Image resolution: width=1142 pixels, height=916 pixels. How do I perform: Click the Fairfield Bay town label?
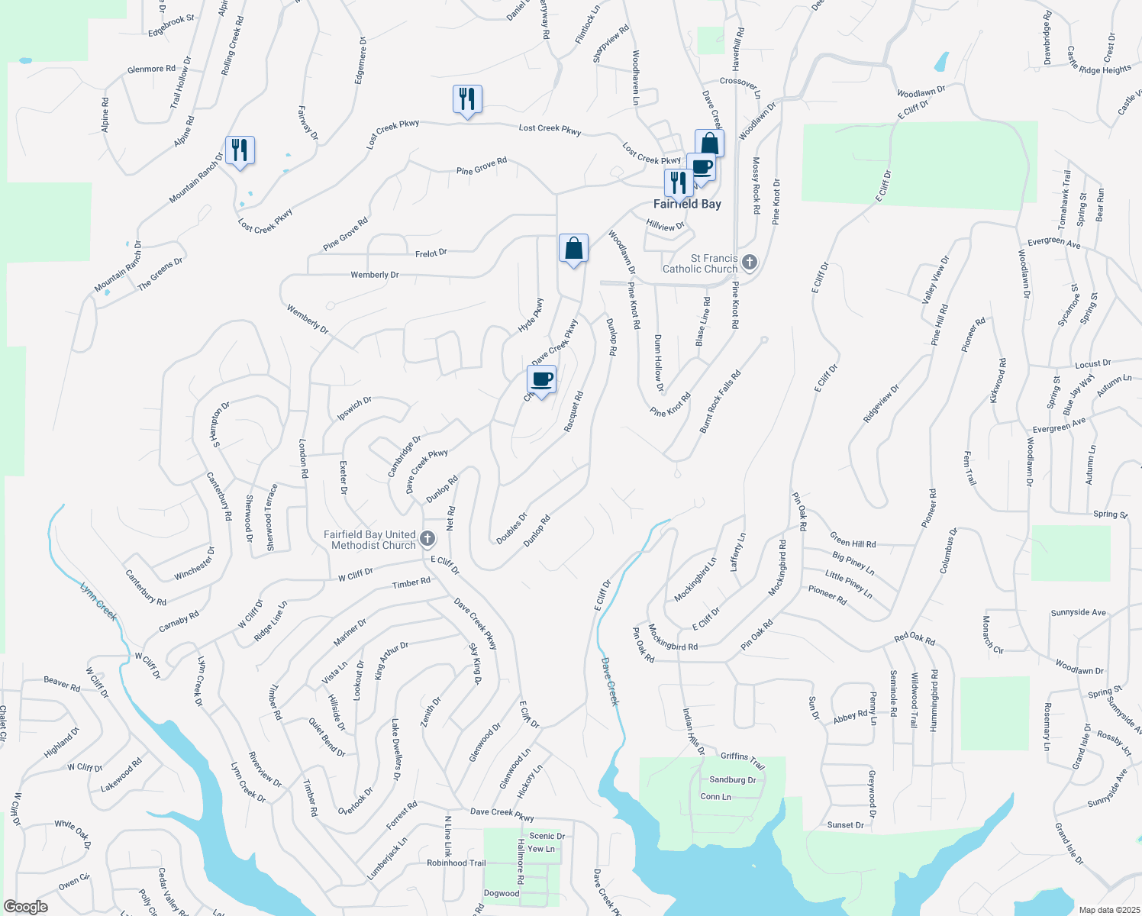[x=687, y=204]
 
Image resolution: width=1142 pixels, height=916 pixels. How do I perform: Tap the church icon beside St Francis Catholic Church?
[x=750, y=263]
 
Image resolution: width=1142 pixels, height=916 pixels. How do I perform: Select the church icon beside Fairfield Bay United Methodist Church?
[x=427, y=540]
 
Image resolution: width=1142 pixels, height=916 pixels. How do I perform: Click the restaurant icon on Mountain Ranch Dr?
[x=240, y=150]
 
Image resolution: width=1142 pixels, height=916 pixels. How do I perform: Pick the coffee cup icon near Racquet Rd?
[x=542, y=379]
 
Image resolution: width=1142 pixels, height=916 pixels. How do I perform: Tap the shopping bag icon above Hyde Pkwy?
[x=573, y=248]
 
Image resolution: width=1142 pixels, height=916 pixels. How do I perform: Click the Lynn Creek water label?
[x=99, y=601]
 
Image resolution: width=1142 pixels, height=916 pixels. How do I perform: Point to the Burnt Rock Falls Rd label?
[x=720, y=402]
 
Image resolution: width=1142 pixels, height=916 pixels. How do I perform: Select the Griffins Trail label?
[x=742, y=760]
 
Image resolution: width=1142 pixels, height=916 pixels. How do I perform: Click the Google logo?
[x=25, y=907]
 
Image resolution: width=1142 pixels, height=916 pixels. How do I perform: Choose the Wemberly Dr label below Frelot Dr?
[x=374, y=275]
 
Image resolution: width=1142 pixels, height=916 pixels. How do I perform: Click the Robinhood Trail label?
[x=456, y=863]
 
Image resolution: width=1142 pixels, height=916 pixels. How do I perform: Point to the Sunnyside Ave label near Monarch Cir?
[x=1078, y=612]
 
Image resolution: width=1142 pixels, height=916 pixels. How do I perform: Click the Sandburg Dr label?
[x=732, y=780]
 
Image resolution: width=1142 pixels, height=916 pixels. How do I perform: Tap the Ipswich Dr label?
[x=354, y=408]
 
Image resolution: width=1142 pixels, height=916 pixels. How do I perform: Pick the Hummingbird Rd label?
[x=934, y=701]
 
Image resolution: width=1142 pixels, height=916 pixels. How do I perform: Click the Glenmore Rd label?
[x=146, y=69]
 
